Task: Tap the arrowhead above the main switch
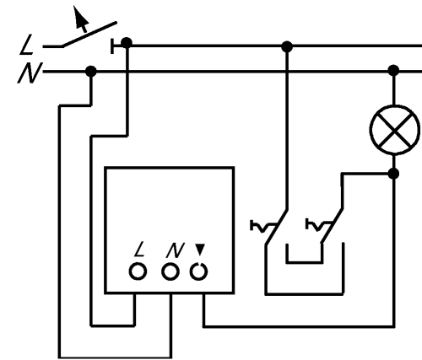point(80,18)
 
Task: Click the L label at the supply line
point(27,45)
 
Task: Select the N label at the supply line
point(30,73)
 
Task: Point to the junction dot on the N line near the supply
point(90,72)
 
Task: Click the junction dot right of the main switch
point(127,43)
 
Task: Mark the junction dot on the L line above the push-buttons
point(287,46)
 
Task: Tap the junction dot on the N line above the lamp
point(393,70)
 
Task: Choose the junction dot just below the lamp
point(393,174)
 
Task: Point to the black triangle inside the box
point(200,250)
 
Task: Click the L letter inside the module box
point(139,250)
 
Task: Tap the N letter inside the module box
point(175,250)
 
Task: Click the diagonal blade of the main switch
point(89,34)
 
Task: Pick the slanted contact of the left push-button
point(276,227)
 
